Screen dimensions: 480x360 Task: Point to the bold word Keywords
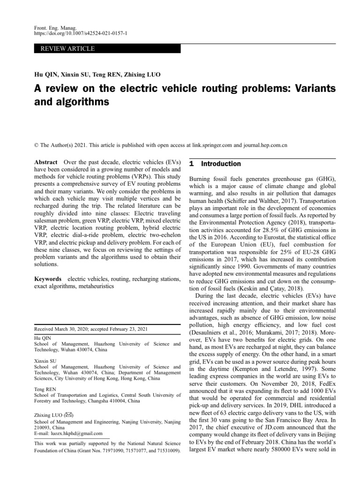pyautogui.click(x=49, y=279)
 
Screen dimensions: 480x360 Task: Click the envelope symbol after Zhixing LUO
pyautogui.click(x=69, y=414)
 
